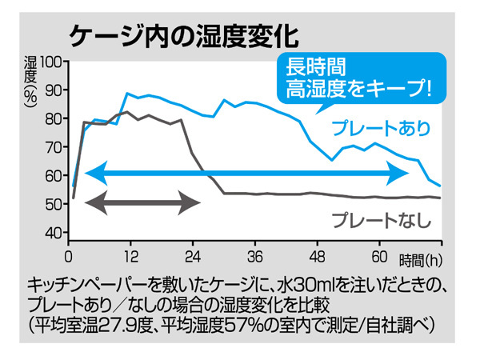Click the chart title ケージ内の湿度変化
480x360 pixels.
click(183, 35)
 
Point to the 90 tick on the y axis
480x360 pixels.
click(54, 90)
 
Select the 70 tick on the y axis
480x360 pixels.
click(54, 147)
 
